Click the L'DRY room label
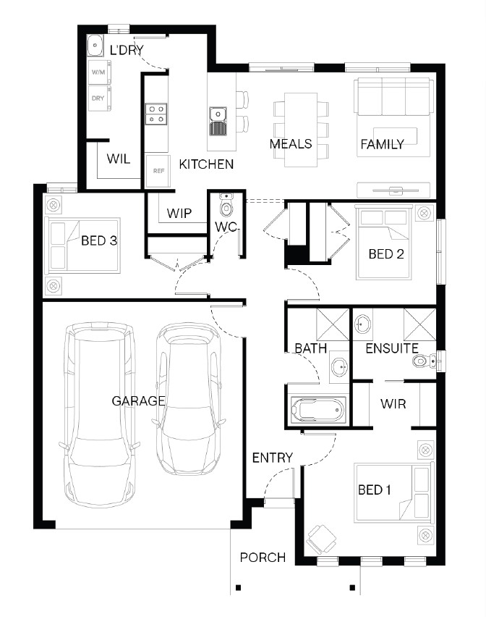point(127,50)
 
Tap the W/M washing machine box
point(99,72)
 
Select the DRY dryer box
point(99,98)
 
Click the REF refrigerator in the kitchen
point(158,171)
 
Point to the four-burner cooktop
point(156,114)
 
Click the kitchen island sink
point(218,121)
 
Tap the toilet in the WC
point(226,205)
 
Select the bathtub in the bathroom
point(318,410)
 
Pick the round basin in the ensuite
point(362,324)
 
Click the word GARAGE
point(138,401)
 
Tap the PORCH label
point(263,557)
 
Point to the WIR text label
point(393,403)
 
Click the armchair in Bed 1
point(321,540)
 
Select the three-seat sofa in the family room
point(393,97)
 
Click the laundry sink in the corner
point(95,46)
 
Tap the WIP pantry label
point(179,214)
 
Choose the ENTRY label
point(272,458)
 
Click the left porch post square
point(238,588)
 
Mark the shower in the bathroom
point(333,324)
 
